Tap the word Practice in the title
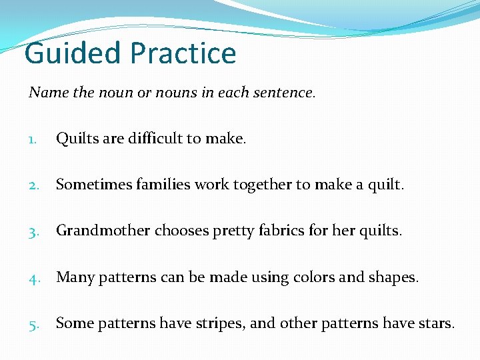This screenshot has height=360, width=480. pos(183,53)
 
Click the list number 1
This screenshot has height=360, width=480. pos(33,139)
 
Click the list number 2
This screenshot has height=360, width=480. pos(34,185)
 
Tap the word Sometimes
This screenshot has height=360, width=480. pos(89,185)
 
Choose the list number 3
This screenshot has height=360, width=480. pos(34,231)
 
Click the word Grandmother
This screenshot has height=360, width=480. pos(103,231)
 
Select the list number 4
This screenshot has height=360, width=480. pos(34,277)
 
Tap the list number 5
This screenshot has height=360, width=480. pos(34,324)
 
